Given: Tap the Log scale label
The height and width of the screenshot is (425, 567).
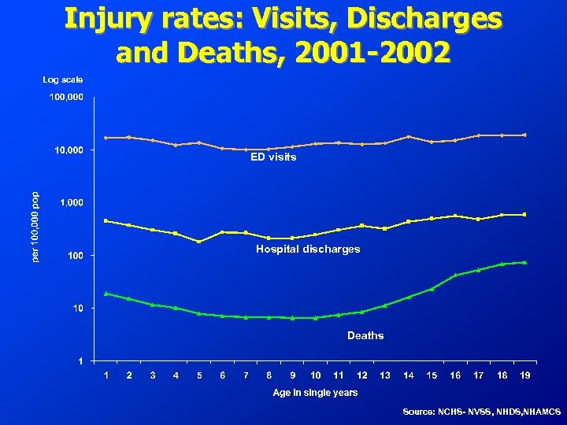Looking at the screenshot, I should pyautogui.click(x=62, y=79).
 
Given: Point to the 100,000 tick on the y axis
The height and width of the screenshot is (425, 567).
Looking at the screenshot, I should pyautogui.click(x=66, y=98).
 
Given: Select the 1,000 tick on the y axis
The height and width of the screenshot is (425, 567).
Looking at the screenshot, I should pyautogui.click(x=72, y=203).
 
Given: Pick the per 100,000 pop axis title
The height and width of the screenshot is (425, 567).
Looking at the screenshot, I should pyautogui.click(x=35, y=228).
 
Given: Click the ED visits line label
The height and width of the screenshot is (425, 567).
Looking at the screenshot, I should pyautogui.click(x=273, y=157).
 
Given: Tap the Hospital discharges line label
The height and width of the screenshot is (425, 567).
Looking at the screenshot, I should pyautogui.click(x=308, y=249).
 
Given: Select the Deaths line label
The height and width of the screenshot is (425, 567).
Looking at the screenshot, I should pyautogui.click(x=365, y=335).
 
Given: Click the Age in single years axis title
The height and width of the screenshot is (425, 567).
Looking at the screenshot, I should pyautogui.click(x=315, y=392).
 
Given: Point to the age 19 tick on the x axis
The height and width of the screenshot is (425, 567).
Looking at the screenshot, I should pyautogui.click(x=524, y=375).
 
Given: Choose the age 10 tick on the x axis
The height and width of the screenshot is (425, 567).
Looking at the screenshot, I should pyautogui.click(x=315, y=375).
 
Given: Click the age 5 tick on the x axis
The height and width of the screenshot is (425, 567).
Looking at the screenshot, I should pyautogui.click(x=199, y=375).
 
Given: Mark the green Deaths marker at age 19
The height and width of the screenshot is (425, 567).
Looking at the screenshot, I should pyautogui.click(x=524, y=262).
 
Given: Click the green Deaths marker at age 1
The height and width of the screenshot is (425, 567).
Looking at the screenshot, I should pyautogui.click(x=106, y=294).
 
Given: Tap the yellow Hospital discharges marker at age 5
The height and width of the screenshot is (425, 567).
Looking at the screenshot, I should pyautogui.click(x=199, y=242).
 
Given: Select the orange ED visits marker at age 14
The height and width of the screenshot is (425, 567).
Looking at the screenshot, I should pyautogui.click(x=408, y=137).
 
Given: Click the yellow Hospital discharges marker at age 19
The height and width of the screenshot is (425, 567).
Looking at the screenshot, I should pyautogui.click(x=524, y=214).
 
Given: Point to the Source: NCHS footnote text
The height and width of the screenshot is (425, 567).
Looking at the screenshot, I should pyautogui.click(x=481, y=412).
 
